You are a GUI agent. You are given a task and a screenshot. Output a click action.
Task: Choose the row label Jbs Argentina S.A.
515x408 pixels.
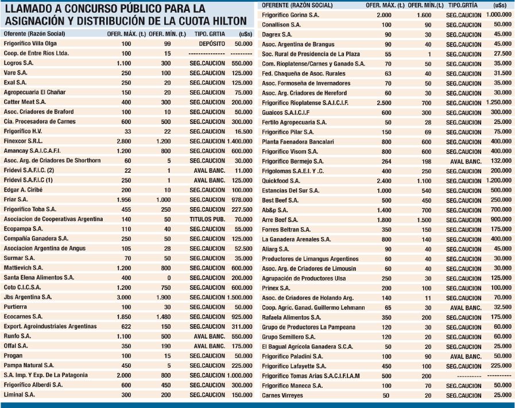[28, 297]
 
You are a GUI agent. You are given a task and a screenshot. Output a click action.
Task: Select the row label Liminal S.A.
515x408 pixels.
[20, 395]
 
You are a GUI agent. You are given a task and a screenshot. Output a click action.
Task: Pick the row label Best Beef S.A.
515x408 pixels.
[280, 200]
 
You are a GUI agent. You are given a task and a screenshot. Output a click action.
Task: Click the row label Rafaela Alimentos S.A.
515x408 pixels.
[291, 317]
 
